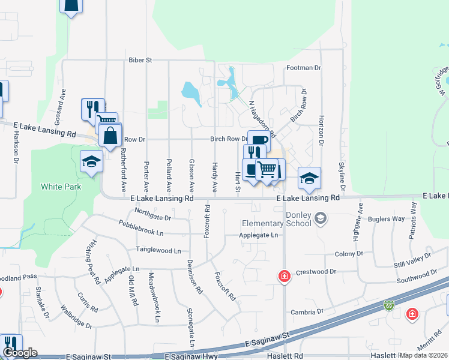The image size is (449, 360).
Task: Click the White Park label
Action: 60,187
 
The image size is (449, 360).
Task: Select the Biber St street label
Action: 140,60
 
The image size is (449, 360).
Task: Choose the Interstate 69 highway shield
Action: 389,305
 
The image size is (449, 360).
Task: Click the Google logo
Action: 19,353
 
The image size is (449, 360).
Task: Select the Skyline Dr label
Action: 341,173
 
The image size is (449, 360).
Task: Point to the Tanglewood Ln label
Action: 158,250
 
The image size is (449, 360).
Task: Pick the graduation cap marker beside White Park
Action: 91,161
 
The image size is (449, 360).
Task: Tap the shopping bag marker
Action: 111,135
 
